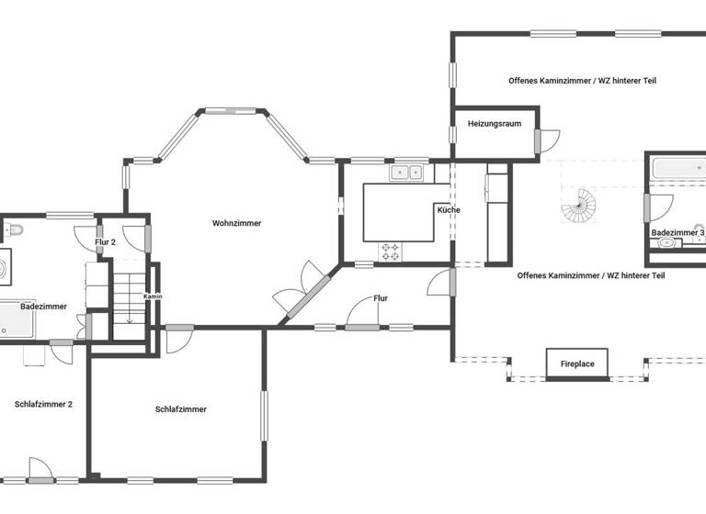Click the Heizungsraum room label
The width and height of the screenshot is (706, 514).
495,123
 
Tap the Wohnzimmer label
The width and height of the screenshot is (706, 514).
236,223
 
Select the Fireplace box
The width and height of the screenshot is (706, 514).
577,363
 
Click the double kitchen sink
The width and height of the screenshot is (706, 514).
405,172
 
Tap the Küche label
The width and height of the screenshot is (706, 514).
449,210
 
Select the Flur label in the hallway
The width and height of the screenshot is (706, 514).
381,298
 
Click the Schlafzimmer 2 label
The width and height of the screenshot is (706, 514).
43,404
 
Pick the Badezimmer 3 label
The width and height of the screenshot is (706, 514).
678,234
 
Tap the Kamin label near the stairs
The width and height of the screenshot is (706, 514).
153,296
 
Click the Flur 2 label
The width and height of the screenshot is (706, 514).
105,242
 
